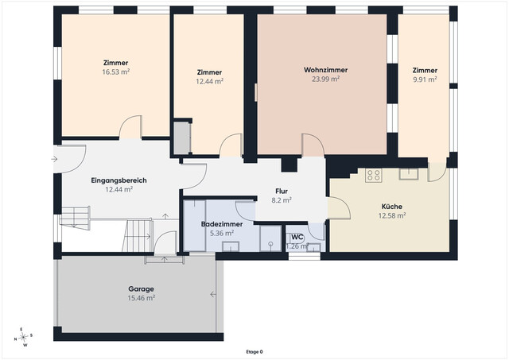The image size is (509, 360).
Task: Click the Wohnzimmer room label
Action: pos(325,70)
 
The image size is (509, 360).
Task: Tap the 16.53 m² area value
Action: pos(116,72)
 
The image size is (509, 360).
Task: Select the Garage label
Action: pos(142,289)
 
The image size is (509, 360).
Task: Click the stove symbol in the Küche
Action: pos(373,176)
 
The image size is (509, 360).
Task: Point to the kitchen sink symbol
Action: pos(409,174)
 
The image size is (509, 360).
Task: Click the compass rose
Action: pos(23,337)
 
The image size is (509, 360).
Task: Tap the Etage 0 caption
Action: pos(254,352)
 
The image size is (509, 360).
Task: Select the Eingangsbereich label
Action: pos(119,180)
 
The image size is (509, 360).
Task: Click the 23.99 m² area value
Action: pos(325,79)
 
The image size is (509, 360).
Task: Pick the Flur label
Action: pos(282,192)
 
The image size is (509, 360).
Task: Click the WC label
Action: pos(297,237)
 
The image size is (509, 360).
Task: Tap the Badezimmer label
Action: pos(222,224)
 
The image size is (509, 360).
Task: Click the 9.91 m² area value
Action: pos(425,79)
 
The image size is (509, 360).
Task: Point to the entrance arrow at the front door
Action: pos(54,159)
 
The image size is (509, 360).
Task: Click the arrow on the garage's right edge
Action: pos(213,295)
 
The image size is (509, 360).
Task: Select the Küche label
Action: pos(392,207)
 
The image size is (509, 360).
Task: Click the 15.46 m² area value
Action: pos(142,298)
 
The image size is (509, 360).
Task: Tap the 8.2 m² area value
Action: pos(282,200)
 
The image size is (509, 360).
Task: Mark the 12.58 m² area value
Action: pos(392,215)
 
